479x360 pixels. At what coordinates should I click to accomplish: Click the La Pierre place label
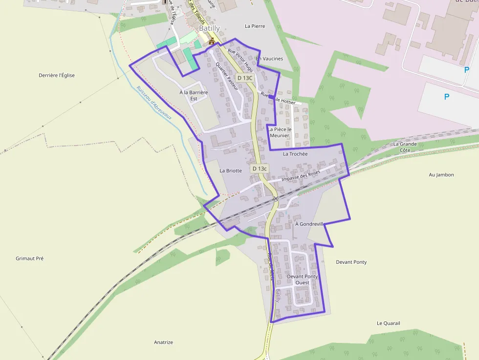(255, 26)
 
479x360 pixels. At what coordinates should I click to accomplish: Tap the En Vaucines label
(270, 59)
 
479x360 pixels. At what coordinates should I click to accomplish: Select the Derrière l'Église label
(57, 75)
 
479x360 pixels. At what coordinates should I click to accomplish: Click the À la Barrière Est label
(194, 95)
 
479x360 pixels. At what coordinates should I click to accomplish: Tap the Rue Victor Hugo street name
(241, 60)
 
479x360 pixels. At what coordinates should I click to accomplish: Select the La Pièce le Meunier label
(280, 132)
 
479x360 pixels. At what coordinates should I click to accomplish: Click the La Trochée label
(295, 154)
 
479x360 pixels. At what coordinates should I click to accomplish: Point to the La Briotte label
(231, 171)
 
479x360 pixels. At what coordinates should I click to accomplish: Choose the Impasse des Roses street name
(301, 176)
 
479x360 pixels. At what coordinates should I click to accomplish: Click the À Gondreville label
(310, 224)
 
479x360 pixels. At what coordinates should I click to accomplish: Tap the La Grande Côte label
(405, 147)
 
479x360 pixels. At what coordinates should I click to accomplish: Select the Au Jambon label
(441, 174)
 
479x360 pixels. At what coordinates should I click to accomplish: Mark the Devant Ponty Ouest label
(302, 279)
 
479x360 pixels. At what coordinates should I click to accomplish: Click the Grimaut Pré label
(30, 258)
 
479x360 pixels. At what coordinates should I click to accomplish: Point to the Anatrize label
(164, 342)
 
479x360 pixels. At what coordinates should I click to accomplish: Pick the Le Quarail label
(389, 323)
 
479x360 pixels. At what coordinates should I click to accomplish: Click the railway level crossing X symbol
(276, 198)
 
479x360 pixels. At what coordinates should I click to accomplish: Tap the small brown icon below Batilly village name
(212, 42)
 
